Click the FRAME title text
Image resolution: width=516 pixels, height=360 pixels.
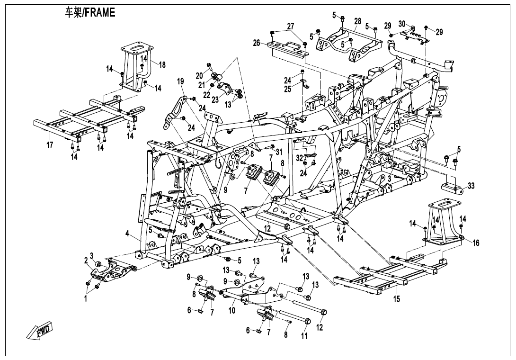(90, 13)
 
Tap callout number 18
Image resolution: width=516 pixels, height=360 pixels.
(162, 65)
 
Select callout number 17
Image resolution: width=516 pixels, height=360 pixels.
(50, 145)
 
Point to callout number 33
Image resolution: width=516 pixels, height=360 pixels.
(471, 186)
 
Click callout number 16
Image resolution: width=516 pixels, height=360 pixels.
(476, 243)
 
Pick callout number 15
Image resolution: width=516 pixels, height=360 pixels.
(397, 299)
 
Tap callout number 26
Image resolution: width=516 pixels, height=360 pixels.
(257, 43)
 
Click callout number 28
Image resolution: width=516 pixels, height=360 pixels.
(357, 21)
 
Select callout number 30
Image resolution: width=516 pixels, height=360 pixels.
(402, 24)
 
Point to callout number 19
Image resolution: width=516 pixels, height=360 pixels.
(180, 81)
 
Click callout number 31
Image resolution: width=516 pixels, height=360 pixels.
(279, 152)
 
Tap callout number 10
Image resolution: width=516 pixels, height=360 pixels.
(232, 311)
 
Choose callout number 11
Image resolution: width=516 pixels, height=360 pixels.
(304, 336)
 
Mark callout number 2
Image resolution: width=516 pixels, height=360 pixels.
(86, 260)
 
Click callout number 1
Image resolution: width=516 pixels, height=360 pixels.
(86, 299)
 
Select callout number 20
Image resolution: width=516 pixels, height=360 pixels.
(199, 76)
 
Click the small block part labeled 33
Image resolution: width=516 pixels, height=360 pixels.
(453, 188)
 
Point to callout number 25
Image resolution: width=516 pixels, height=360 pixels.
(288, 89)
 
